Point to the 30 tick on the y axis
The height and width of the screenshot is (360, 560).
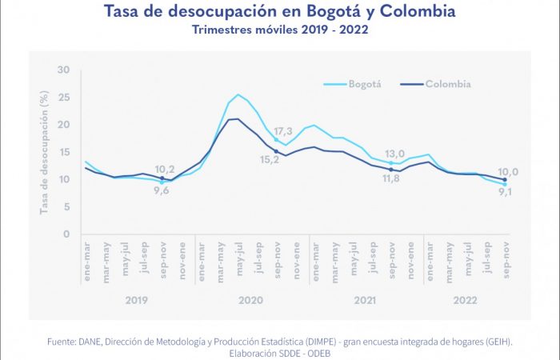pos(64,70)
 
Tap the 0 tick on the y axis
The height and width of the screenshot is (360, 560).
pos(67,234)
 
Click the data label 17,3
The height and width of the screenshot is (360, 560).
pos(284,130)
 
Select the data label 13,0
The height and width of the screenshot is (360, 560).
pos(395,154)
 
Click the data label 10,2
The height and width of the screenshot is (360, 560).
pos(164,169)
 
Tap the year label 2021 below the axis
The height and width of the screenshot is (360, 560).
pos(365,300)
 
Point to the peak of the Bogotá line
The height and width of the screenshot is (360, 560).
pos(238,94)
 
